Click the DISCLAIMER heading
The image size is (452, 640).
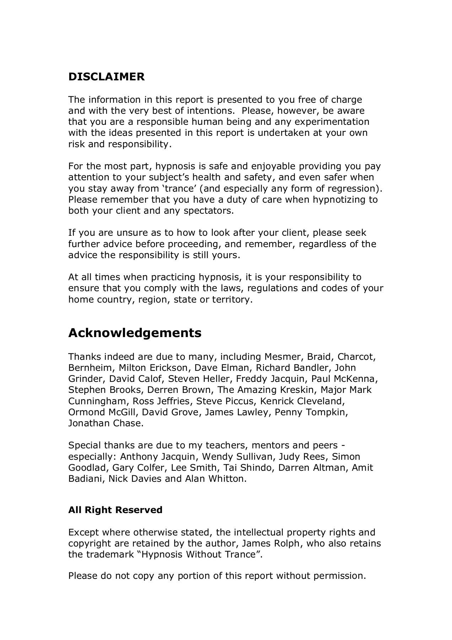(106, 77)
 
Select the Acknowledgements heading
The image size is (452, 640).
(135, 333)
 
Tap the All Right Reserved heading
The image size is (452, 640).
(115, 510)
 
